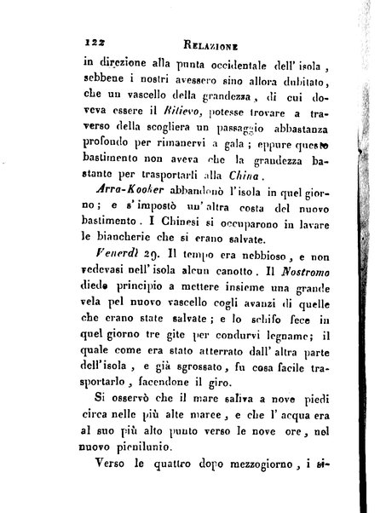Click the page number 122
tap(89, 39)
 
